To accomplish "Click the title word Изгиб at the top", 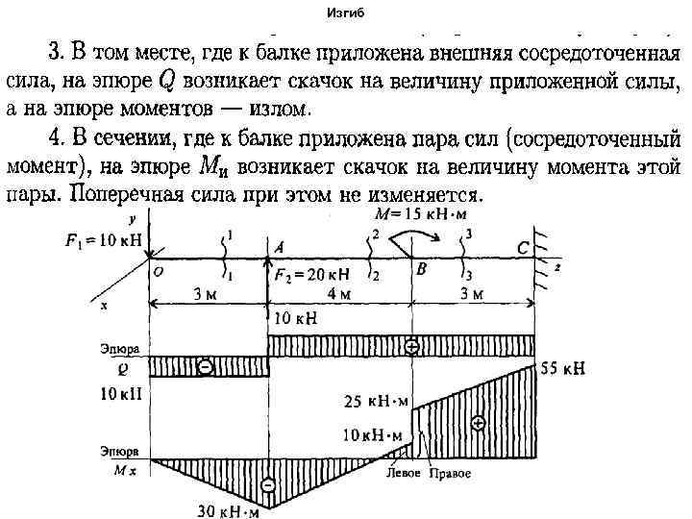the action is tap(346, 13).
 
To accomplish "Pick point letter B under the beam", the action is tap(421, 271).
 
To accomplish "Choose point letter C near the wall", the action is tap(522, 248).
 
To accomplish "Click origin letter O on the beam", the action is tap(157, 272).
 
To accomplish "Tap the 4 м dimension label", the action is tap(337, 293).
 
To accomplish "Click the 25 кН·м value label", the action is tap(376, 401).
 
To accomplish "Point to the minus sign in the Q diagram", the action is tap(205, 366).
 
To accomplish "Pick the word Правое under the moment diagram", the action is tap(449, 474).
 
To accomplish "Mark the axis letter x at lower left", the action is tap(103, 305).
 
